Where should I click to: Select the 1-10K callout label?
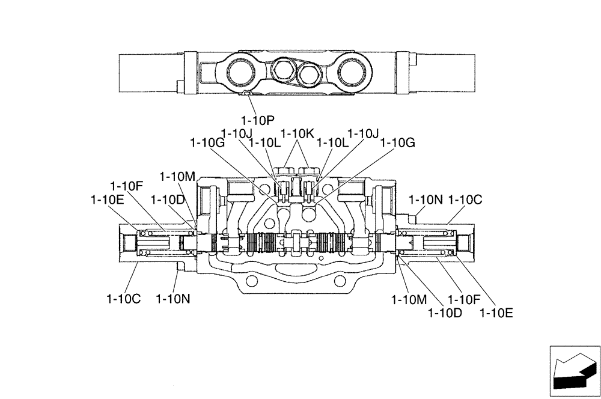pos(297,133)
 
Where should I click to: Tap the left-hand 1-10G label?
pos(207,143)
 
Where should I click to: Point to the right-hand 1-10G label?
pos(398,143)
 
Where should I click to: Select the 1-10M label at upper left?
pos(177,176)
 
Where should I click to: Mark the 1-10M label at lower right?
pos(409,299)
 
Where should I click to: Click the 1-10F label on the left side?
pos(126,186)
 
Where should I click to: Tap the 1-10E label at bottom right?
pos(496,312)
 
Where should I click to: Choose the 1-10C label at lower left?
pos(123,299)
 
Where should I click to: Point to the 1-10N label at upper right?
pos(426,199)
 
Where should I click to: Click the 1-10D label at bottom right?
pos(445,312)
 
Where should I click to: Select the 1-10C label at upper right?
pos(466,199)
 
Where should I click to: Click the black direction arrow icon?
pos(575,372)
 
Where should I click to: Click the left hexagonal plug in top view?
pos(282,70)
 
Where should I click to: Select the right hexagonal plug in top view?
pos(309,75)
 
